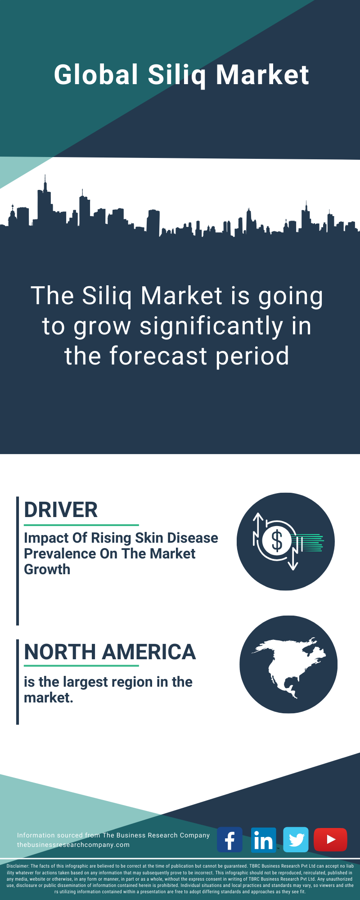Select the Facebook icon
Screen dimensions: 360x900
[230, 840]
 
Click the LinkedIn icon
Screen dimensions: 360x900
[263, 840]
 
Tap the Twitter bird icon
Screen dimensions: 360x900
[296, 840]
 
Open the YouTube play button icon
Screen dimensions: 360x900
[330, 840]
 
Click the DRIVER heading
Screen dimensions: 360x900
[61, 510]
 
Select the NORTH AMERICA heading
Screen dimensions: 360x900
[110, 652]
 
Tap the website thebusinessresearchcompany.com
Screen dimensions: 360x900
[73, 845]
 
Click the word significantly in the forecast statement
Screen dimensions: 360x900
[211, 327]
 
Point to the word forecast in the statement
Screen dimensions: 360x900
[158, 356]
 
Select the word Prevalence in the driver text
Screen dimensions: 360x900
[60, 553]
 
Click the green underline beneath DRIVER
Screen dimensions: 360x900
[81, 525]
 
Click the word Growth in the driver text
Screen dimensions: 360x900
[47, 569]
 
